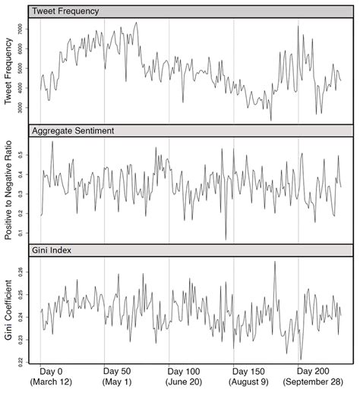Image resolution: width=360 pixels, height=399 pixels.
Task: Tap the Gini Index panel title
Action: click(x=51, y=250)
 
